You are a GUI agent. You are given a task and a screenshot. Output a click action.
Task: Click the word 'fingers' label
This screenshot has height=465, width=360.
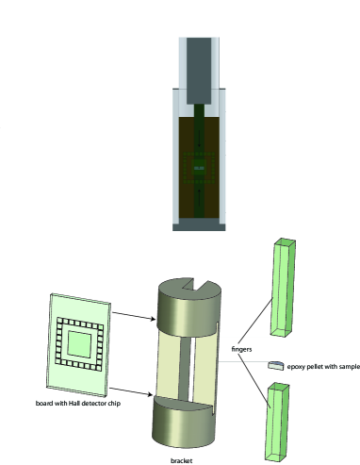coord(241,349)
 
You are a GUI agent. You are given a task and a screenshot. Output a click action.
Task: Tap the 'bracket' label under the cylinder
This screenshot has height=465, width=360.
coord(181,460)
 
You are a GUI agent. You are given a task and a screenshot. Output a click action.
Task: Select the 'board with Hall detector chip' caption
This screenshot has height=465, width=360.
coord(78,403)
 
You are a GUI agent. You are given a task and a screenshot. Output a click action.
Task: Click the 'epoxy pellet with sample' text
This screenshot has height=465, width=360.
coord(323,367)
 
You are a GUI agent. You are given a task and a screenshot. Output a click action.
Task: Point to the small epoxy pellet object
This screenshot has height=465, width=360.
coord(276,365)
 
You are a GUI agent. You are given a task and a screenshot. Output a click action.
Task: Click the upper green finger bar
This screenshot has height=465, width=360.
coord(283,288)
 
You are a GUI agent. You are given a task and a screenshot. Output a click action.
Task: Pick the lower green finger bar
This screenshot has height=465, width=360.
coord(277,422)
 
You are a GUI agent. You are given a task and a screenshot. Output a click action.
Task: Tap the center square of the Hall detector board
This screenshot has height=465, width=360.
coord(79,343)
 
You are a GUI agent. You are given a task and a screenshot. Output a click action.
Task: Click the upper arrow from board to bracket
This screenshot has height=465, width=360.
coord(134,316)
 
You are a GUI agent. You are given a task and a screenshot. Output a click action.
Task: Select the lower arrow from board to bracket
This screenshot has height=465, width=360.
coord(131,391)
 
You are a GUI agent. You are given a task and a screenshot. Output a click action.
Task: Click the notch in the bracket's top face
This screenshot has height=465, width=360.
coord(195,284)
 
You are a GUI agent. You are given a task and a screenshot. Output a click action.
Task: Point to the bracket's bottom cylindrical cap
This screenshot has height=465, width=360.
coord(184,422)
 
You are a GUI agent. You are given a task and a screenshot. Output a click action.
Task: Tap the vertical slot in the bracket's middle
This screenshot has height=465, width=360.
coord(192,370)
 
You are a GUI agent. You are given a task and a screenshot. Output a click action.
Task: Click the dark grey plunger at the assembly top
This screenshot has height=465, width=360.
coord(199,71)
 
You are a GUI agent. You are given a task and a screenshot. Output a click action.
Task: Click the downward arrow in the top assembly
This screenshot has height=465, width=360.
coord(199,141)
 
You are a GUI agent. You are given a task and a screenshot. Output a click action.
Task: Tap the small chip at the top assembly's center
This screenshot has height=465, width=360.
coord(199,168)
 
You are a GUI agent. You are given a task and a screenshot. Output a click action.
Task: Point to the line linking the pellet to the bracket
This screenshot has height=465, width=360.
coord(243,362)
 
